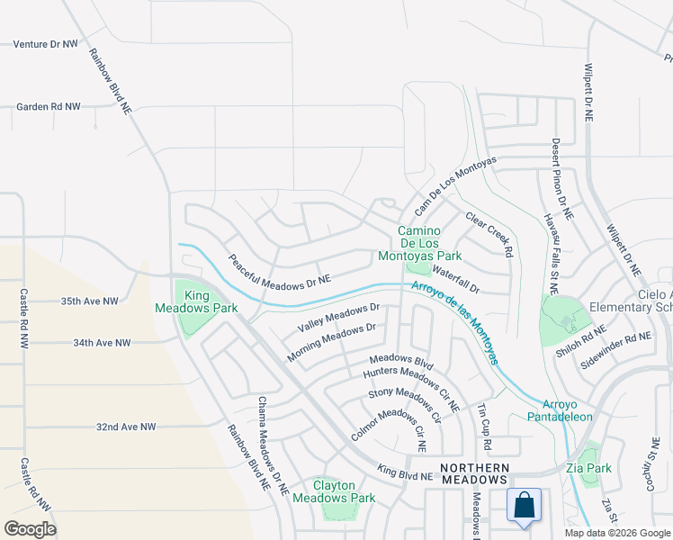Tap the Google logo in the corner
(30, 528)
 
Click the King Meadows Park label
(210, 301)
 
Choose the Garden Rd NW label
(49, 106)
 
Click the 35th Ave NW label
(89, 301)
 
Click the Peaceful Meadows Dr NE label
(279, 270)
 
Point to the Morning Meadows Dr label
(331, 344)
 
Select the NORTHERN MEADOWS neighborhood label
(474, 473)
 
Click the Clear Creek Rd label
(489, 234)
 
